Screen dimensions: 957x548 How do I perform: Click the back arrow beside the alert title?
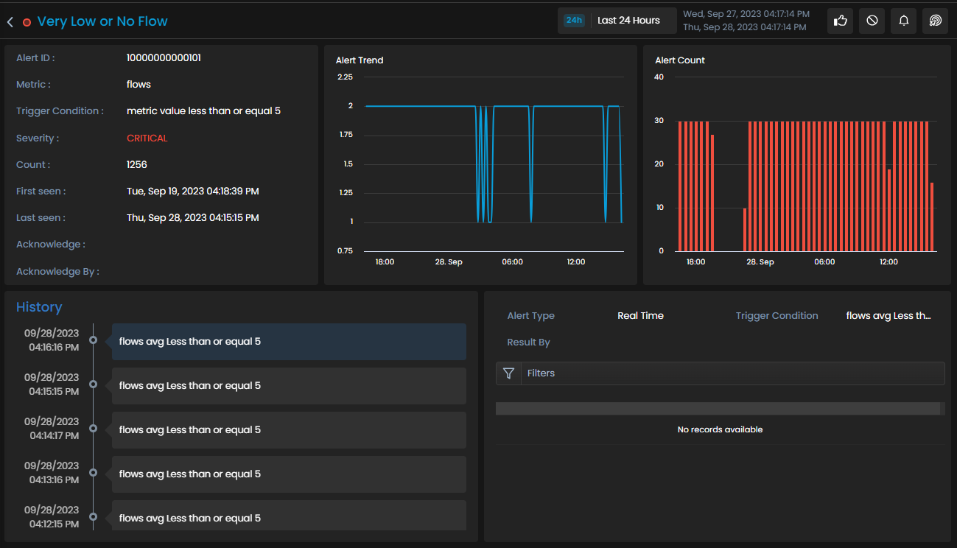tap(10, 22)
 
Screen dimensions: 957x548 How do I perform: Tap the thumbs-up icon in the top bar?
tap(840, 21)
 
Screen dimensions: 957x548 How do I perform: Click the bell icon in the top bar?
tap(904, 21)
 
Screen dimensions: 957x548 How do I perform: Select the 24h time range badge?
tap(574, 20)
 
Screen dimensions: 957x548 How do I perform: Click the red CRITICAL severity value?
tap(147, 138)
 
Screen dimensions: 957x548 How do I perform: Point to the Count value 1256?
tap(137, 164)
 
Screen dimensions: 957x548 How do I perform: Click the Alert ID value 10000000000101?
tap(164, 57)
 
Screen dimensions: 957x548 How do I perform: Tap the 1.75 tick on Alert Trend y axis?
tap(346, 135)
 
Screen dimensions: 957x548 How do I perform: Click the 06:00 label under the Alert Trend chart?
tap(512, 261)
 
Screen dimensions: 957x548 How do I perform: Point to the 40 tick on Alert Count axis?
tap(659, 77)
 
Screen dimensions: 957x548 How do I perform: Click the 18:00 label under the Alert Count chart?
tap(695, 261)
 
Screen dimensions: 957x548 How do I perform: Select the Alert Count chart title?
tap(680, 60)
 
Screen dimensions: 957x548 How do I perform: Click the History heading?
tap(39, 307)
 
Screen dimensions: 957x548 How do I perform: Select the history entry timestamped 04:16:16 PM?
tap(289, 341)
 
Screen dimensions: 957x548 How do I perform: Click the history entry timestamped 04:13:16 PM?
tap(289, 474)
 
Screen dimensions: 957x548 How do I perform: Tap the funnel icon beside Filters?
tap(508, 373)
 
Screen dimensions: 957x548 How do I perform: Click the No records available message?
tap(720, 429)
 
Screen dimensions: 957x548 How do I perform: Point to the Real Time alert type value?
tap(640, 316)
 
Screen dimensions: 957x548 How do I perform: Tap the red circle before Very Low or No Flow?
tap(27, 22)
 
